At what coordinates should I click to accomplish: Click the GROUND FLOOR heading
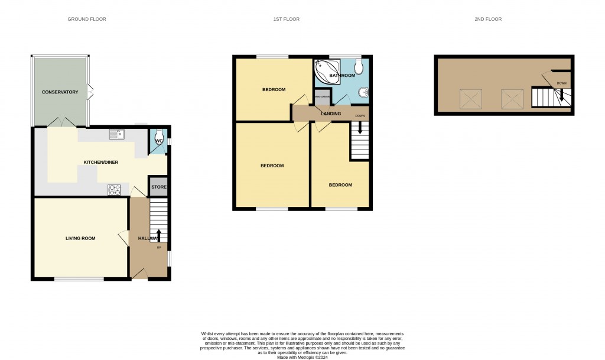[86, 20]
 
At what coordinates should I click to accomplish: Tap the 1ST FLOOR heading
[286, 20]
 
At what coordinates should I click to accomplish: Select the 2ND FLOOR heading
[487, 20]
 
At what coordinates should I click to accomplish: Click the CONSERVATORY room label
[60, 92]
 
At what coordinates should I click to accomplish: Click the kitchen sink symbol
[115, 134]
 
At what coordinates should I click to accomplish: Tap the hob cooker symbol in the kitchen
[114, 190]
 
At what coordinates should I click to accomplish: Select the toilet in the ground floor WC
[158, 138]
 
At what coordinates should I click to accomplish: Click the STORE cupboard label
[159, 187]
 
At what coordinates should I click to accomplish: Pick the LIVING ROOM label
[80, 238]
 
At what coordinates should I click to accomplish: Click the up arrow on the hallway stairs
[158, 236]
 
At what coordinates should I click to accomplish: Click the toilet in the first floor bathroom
[360, 66]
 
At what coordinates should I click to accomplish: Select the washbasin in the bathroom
[365, 92]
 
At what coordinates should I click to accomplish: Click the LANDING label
[331, 113]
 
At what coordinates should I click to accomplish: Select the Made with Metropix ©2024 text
[302, 357]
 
